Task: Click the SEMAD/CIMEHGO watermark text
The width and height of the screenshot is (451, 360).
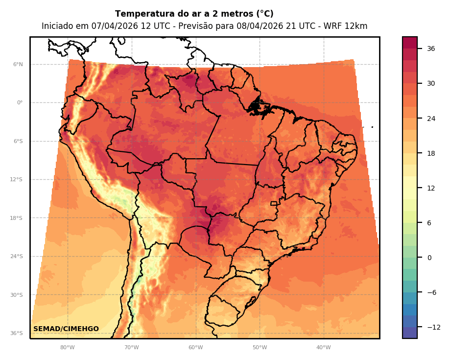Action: [66, 329]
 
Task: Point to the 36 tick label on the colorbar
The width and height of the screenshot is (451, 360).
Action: [431, 48]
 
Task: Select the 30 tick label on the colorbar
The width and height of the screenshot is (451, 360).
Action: [431, 83]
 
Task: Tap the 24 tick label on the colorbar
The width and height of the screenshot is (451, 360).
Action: [431, 119]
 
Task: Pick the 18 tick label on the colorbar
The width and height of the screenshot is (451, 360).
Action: [431, 153]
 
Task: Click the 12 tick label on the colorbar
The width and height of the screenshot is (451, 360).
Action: [431, 188]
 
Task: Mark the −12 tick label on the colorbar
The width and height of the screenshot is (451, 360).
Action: [433, 327]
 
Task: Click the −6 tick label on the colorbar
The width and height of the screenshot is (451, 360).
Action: [431, 292]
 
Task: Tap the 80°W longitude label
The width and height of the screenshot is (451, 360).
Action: [67, 348]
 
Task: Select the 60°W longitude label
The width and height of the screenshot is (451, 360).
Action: [195, 348]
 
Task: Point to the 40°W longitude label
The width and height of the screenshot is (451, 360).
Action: [323, 348]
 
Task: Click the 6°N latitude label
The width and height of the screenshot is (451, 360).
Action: [18, 64]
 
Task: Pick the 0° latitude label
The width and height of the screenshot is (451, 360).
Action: [20, 103]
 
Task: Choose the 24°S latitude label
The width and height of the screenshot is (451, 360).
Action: [17, 256]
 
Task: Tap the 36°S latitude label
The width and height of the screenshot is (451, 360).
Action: [17, 333]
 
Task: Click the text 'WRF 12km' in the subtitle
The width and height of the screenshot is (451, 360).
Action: [348, 26]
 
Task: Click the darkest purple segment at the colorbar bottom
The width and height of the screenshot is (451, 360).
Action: [410, 333]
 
